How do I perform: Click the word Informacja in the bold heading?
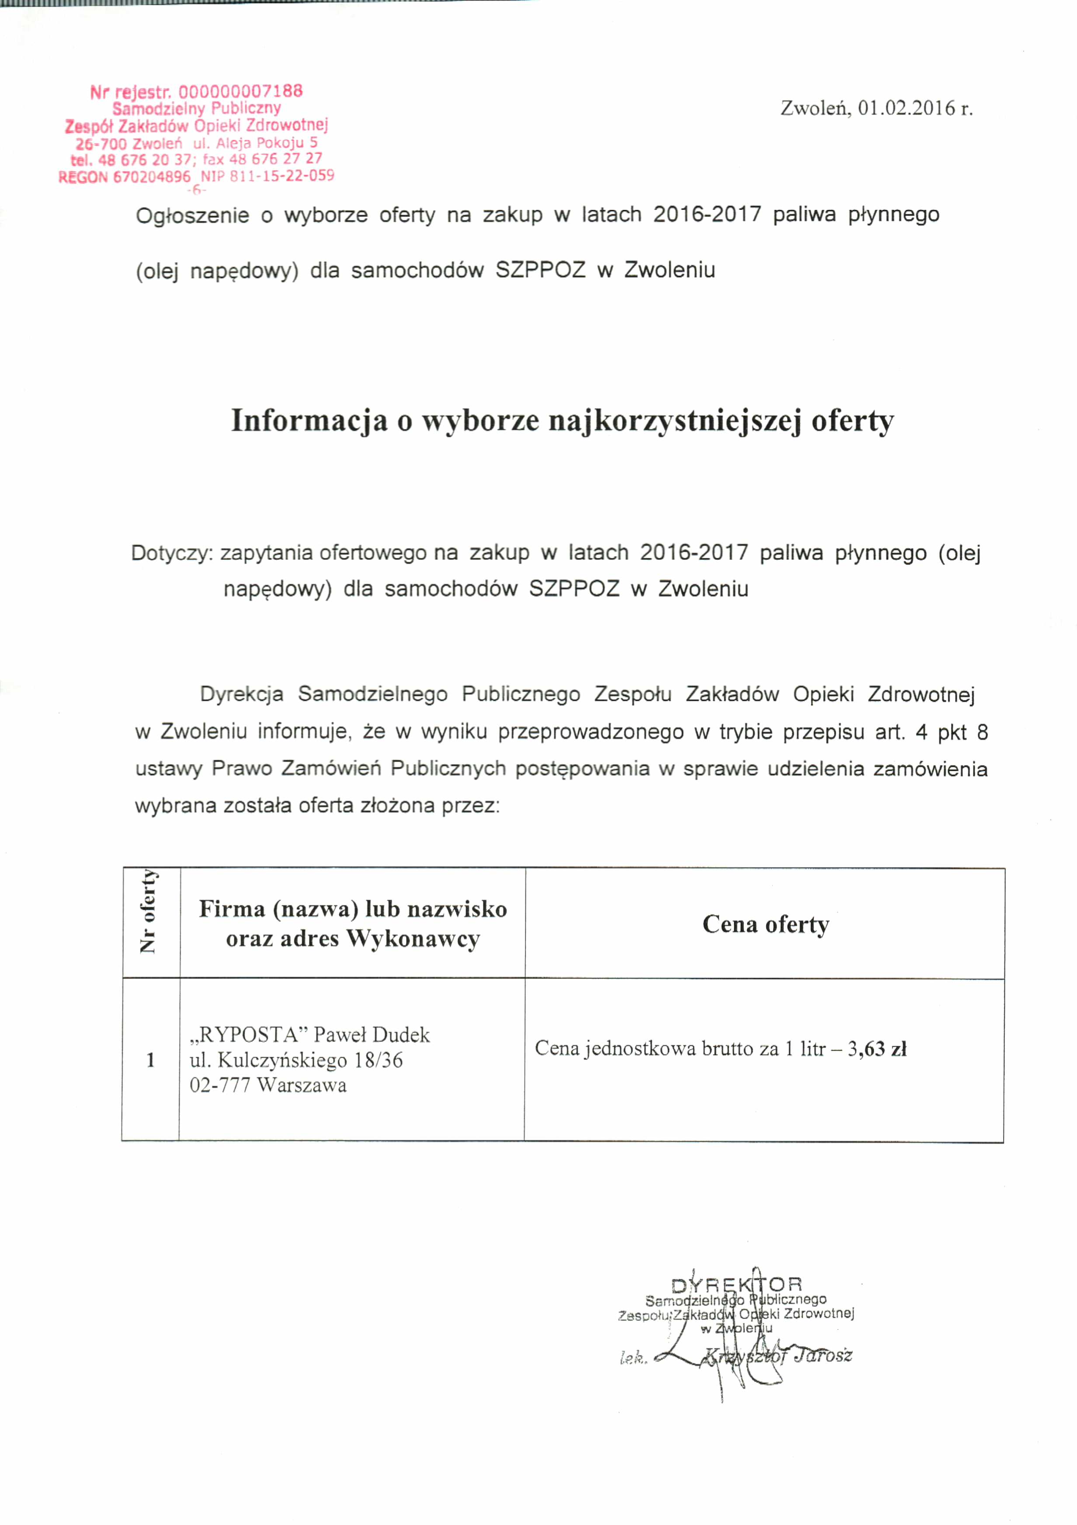click(309, 421)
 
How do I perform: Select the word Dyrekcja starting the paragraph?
click(242, 695)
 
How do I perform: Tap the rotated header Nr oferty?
click(149, 911)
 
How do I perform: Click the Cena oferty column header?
click(766, 925)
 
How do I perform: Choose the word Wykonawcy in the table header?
click(413, 939)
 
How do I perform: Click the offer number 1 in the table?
click(151, 1060)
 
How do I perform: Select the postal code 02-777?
click(220, 1085)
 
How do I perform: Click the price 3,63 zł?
click(876, 1049)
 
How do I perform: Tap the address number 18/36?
click(379, 1060)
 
